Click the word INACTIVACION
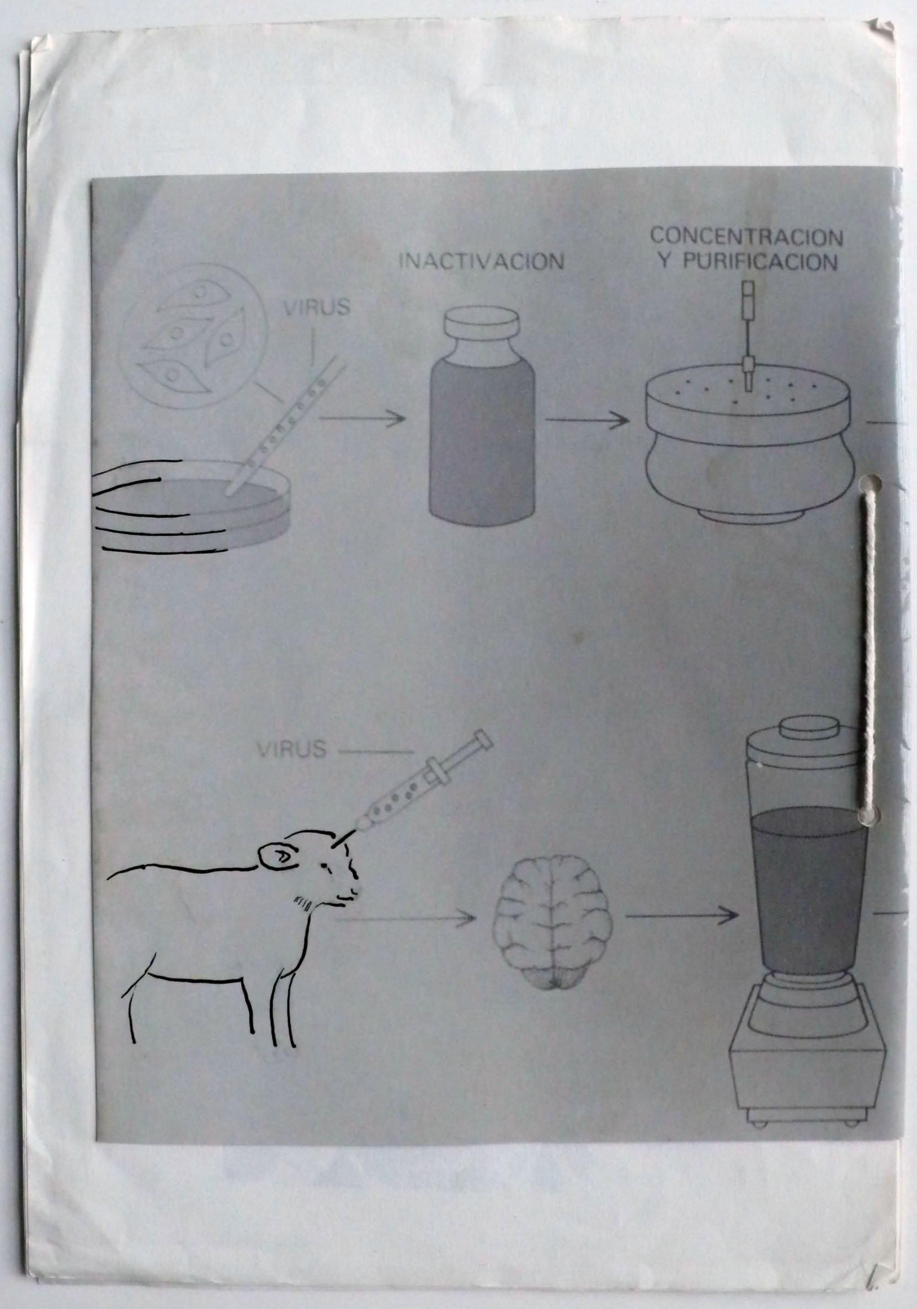(x=481, y=261)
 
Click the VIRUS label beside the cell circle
(x=317, y=308)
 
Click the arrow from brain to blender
(x=681, y=914)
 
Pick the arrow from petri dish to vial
(x=362, y=419)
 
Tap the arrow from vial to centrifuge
(x=587, y=421)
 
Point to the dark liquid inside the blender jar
(x=809, y=890)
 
